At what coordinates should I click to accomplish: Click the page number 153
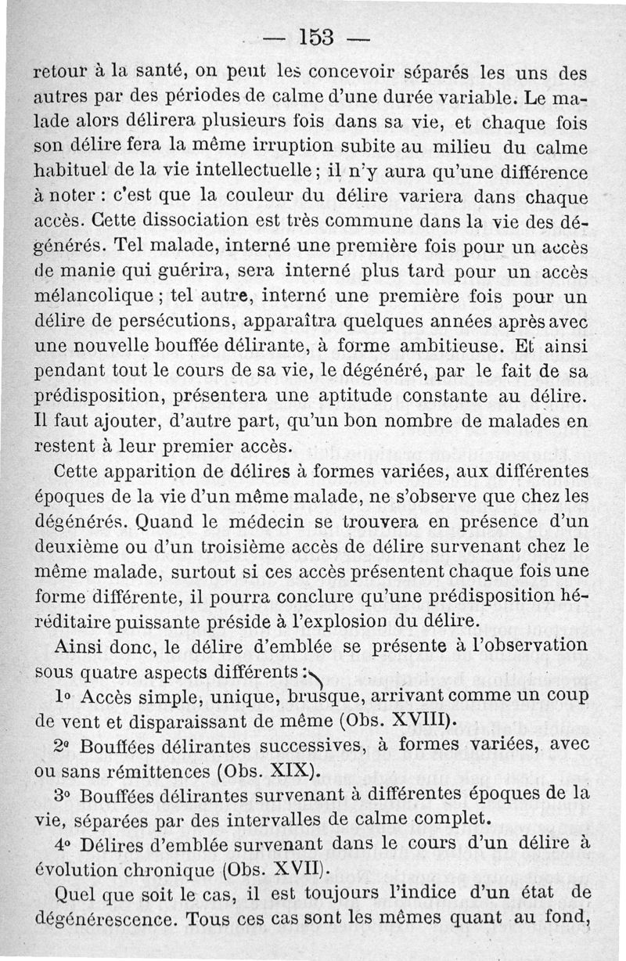click(x=316, y=37)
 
